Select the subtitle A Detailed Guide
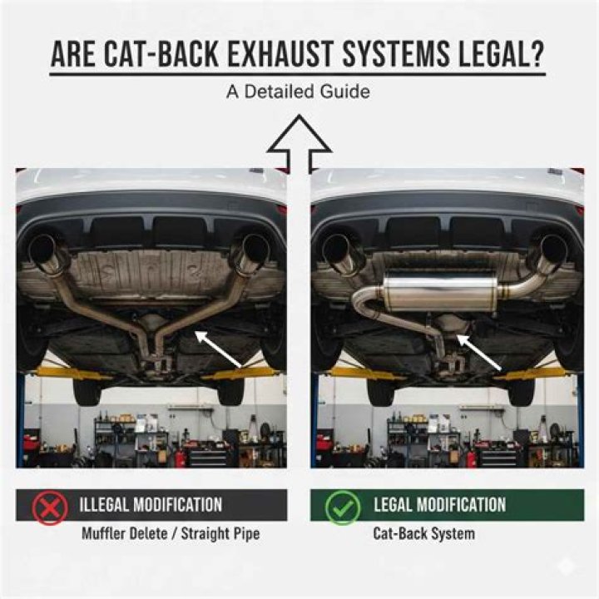click(x=298, y=92)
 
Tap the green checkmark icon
click(x=342, y=506)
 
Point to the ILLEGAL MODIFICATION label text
click(x=151, y=505)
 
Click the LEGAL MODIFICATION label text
click(x=439, y=505)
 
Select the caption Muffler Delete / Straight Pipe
click(x=170, y=533)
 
